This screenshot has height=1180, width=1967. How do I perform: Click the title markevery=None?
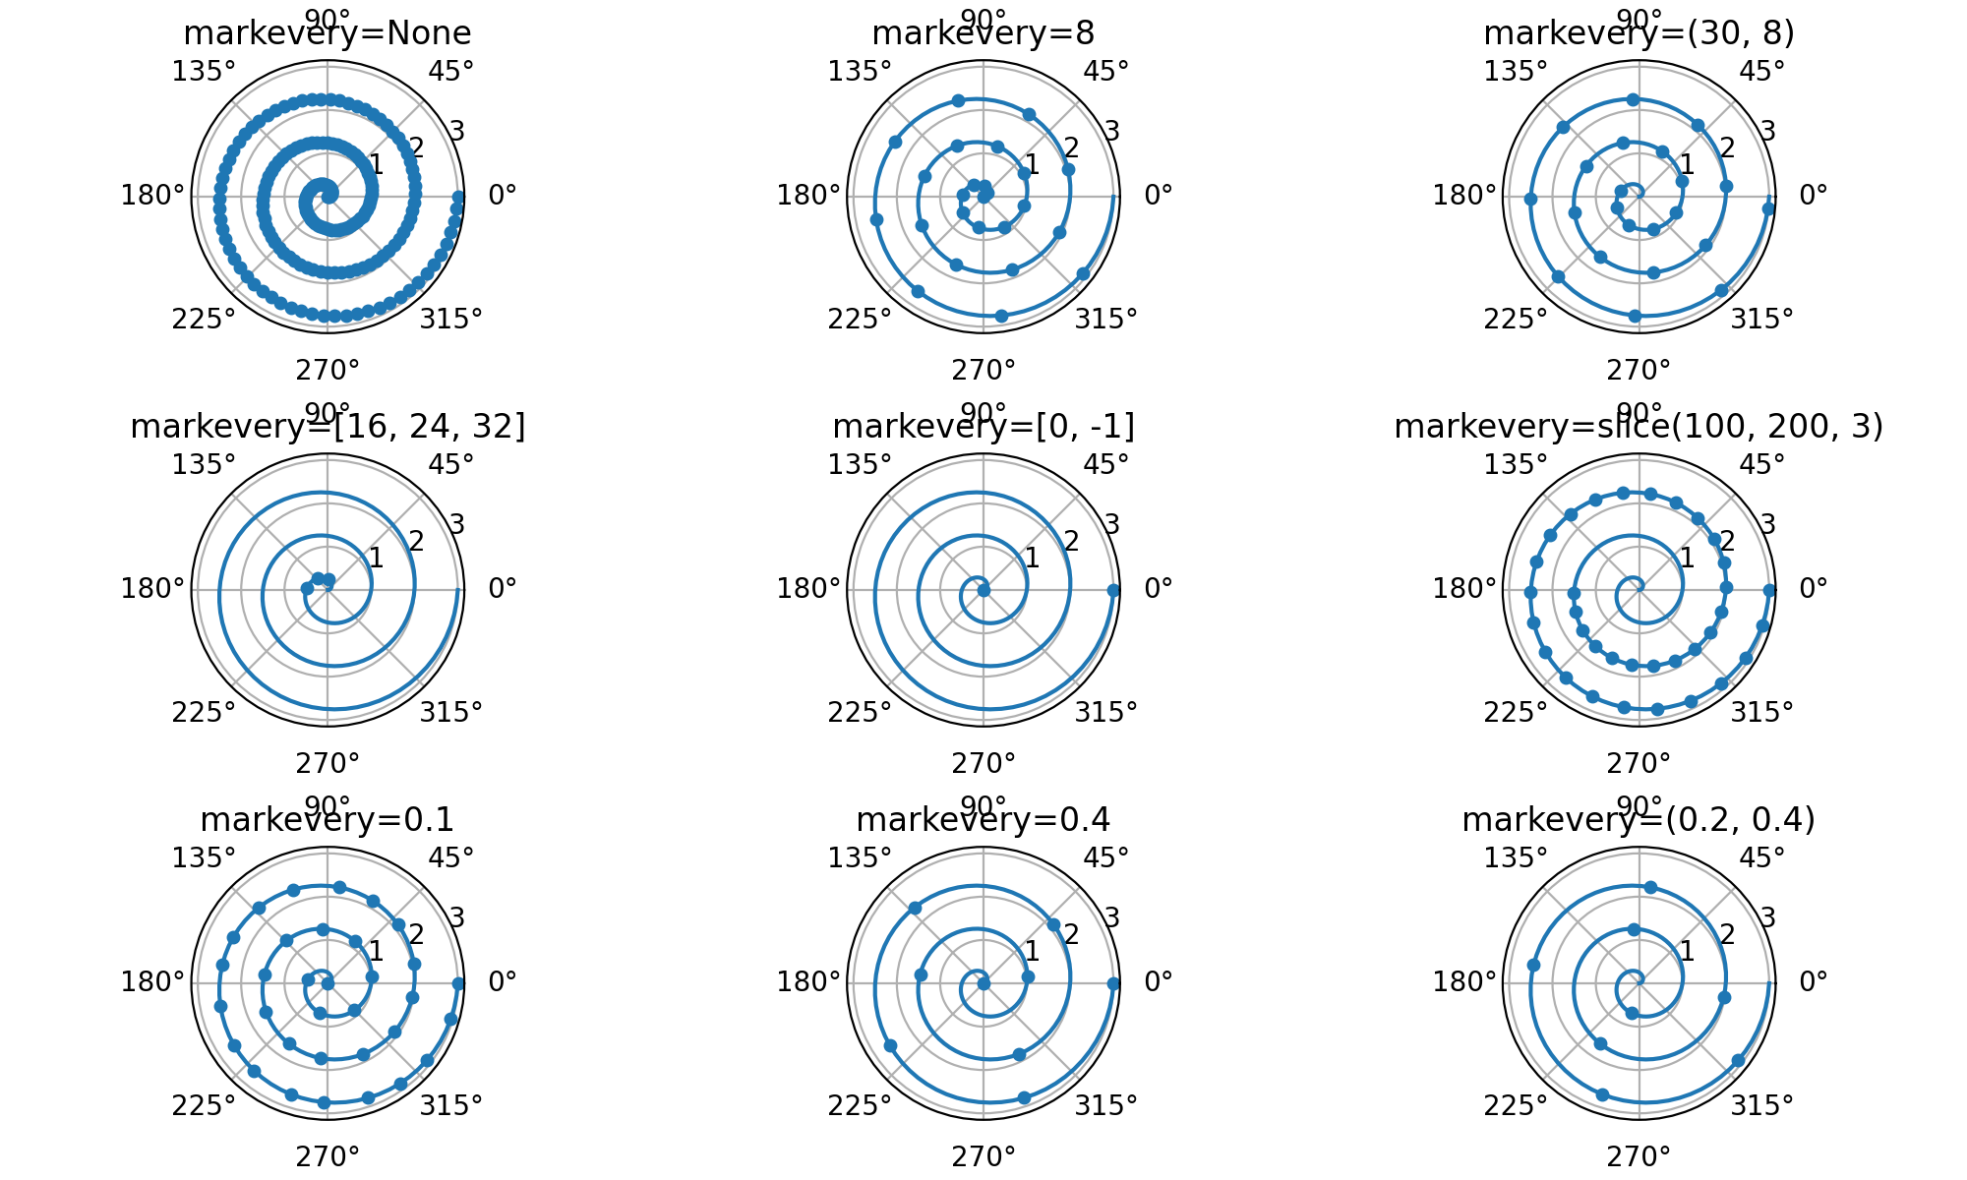coord(328,33)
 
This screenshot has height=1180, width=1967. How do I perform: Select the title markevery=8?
coord(983,33)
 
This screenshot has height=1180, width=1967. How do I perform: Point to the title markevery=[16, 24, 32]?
coord(328,427)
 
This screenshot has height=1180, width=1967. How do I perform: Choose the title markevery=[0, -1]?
coord(983,427)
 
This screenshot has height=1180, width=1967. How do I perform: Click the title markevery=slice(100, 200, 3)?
coord(1639,427)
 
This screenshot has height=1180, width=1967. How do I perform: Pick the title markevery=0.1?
coord(328,820)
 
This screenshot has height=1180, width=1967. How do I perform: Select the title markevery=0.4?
coord(983,820)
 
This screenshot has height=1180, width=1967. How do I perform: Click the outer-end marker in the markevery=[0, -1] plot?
coord(1113,590)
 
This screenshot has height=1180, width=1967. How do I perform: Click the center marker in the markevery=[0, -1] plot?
coord(983,590)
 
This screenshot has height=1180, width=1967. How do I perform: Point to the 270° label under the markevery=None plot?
coord(328,371)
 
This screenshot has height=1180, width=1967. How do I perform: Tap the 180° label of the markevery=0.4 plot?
coord(808,981)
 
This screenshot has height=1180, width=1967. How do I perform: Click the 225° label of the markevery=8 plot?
coord(860,320)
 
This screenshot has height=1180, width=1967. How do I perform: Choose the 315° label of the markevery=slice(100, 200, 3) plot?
coord(1761,712)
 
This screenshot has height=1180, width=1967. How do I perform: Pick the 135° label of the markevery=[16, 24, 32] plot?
coord(205,465)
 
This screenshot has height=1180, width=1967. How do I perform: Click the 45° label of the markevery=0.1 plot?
coord(450,858)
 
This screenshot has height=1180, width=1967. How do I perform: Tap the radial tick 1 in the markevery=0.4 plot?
coord(1032,951)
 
